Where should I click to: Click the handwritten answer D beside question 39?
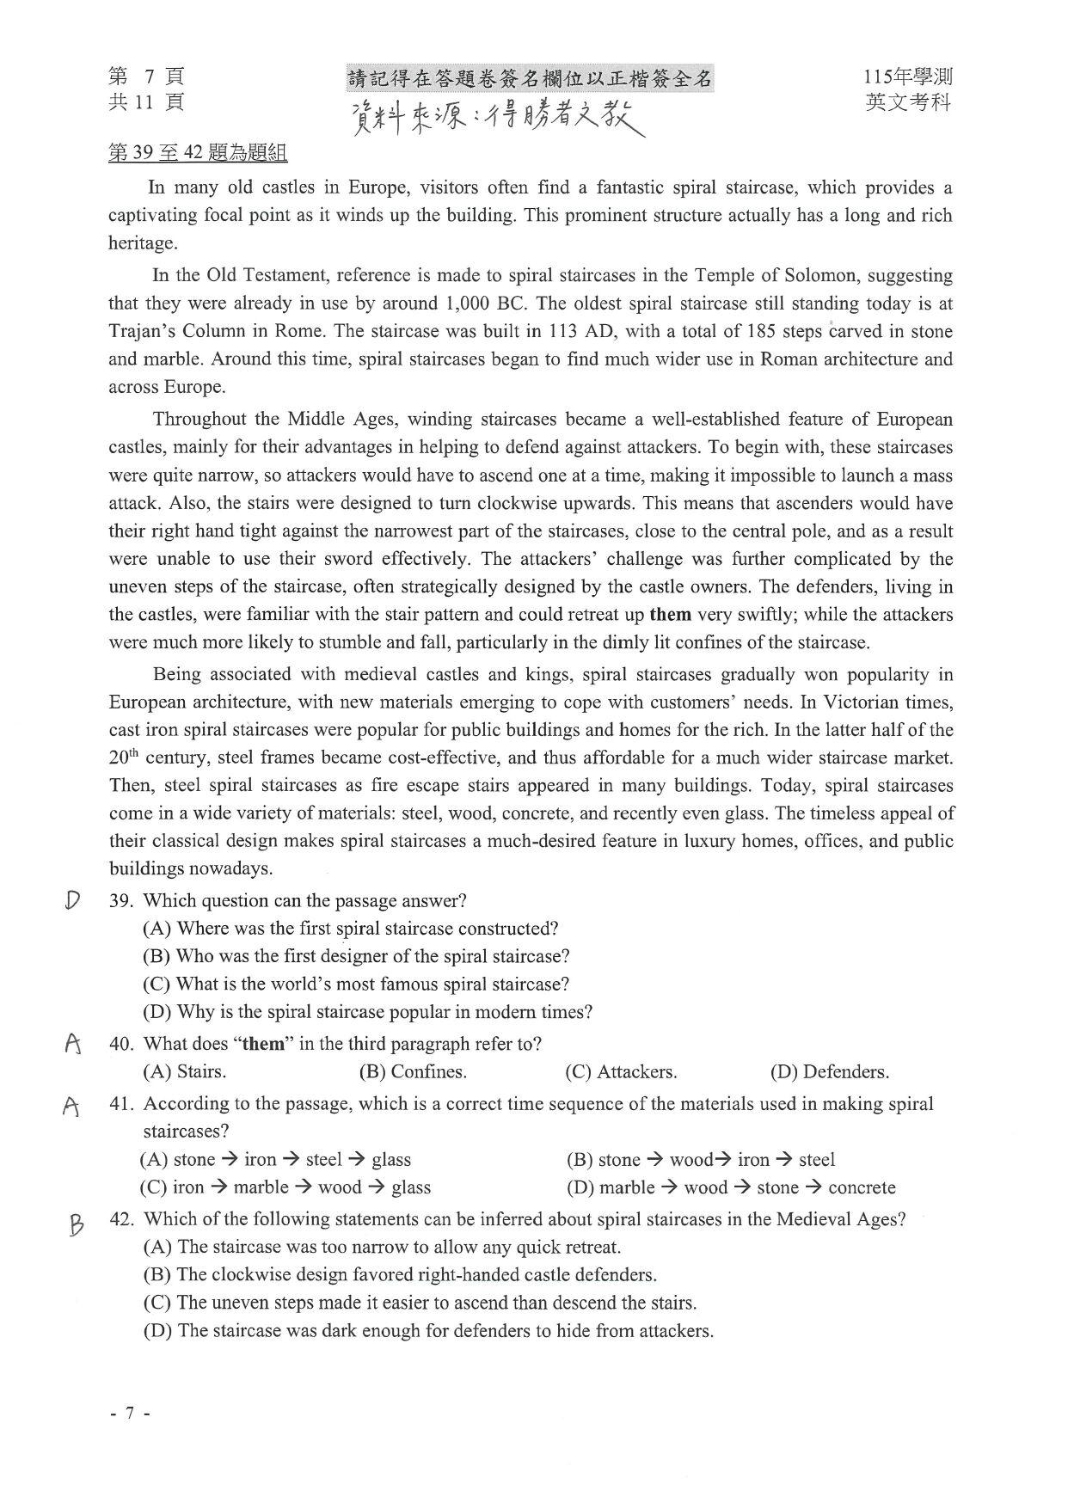point(73,899)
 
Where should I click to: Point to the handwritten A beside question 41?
point(72,1106)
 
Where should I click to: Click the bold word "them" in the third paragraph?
point(671,615)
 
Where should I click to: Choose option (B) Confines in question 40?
point(413,1072)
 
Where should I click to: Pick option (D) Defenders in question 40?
point(830,1072)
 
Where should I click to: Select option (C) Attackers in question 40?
point(621,1072)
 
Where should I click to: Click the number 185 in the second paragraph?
point(762,332)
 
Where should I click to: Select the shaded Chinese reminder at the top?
point(530,79)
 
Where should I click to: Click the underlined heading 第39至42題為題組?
point(198,153)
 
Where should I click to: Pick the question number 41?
point(121,1104)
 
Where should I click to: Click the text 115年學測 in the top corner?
point(908,77)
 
